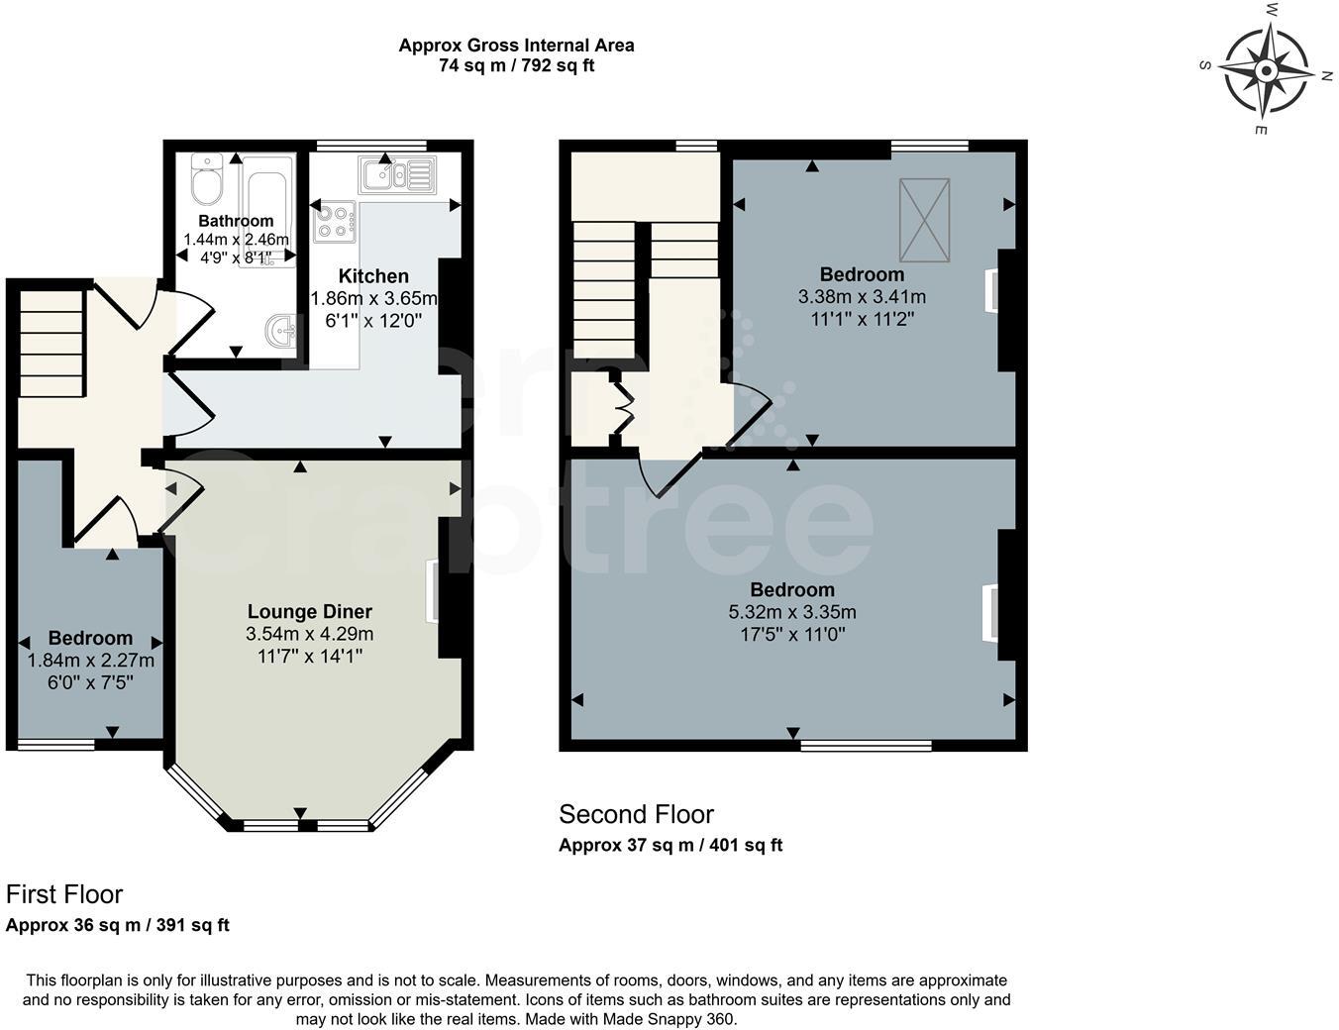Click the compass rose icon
click(1266, 70)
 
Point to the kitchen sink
click(396, 174)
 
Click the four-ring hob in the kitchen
click(335, 221)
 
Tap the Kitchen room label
click(373, 276)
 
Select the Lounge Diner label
click(309, 612)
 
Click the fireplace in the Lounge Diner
click(432, 592)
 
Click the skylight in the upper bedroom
click(924, 220)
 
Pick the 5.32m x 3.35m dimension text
click(792, 612)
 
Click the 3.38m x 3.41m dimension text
click(862, 296)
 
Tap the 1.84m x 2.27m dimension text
click(91, 661)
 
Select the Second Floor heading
click(636, 815)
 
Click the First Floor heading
click(64, 894)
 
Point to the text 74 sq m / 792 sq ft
click(516, 66)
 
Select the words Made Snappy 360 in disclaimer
click(679, 1019)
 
